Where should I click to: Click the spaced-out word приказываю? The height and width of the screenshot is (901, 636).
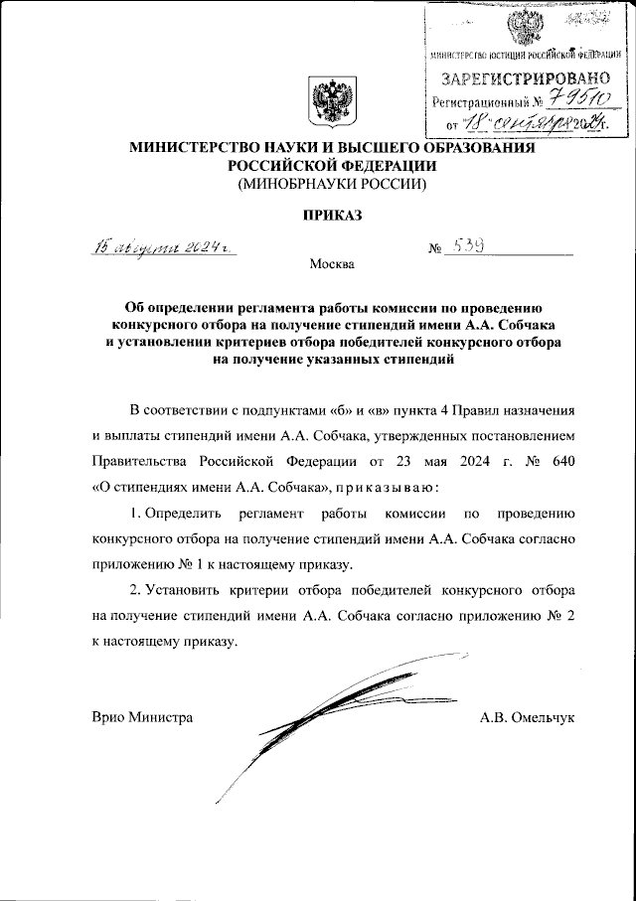386,487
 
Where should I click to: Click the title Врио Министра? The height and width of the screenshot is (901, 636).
142,716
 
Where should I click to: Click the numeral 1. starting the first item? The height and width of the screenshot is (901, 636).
136,514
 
